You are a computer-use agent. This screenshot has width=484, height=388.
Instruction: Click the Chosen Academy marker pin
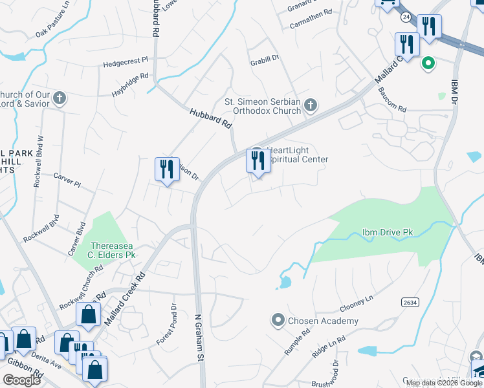click(x=278, y=320)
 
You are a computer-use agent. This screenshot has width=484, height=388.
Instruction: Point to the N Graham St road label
click(x=200, y=338)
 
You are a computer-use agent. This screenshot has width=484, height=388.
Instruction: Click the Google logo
click(x=22, y=380)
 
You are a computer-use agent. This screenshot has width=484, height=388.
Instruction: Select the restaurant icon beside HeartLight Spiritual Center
click(x=258, y=161)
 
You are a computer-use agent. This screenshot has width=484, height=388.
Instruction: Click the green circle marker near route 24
click(x=428, y=63)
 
